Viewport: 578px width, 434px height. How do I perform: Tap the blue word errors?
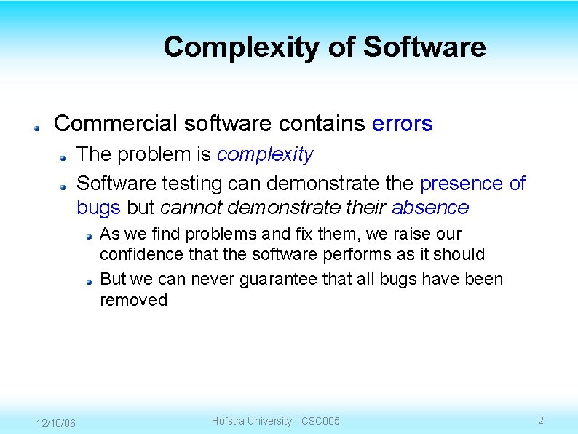click(x=402, y=124)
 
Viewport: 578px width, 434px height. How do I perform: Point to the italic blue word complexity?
click(x=265, y=154)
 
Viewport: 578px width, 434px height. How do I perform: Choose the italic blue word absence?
click(x=430, y=208)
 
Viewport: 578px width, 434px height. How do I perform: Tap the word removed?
click(x=133, y=300)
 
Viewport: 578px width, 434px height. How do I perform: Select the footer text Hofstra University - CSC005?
click(x=275, y=421)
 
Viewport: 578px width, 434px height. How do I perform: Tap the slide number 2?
click(x=540, y=420)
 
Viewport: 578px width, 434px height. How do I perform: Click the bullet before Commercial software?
click(x=35, y=126)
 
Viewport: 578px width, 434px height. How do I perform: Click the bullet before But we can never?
click(x=87, y=280)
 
